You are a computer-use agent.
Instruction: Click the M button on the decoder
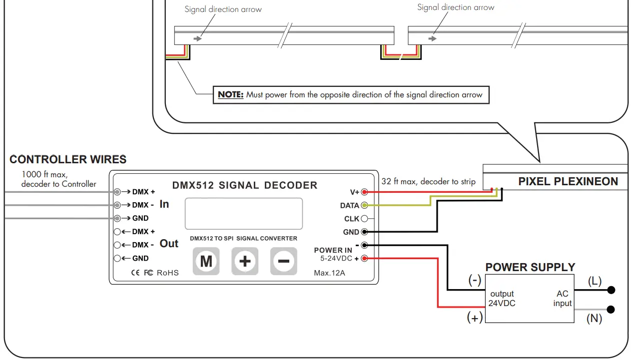206,261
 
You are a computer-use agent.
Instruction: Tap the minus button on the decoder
283,261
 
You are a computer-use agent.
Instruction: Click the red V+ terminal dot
364,192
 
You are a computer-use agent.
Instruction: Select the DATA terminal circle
364,205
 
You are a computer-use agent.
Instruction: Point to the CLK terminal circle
364,219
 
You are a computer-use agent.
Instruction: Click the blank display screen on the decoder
244,213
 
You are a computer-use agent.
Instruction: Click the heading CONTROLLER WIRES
68,160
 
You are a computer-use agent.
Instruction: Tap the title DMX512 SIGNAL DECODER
245,185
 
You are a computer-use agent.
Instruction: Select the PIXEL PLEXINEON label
568,182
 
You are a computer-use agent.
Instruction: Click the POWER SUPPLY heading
530,267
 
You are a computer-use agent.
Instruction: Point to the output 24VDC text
502,299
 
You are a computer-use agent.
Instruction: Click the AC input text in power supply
562,299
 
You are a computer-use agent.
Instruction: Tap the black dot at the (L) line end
611,290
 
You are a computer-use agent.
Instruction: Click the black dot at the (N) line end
611,310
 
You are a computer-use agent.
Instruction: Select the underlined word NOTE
230,95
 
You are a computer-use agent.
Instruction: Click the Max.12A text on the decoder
329,273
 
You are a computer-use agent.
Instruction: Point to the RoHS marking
167,273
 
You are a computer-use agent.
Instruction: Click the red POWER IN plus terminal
364,258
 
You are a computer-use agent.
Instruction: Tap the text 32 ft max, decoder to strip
428,181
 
